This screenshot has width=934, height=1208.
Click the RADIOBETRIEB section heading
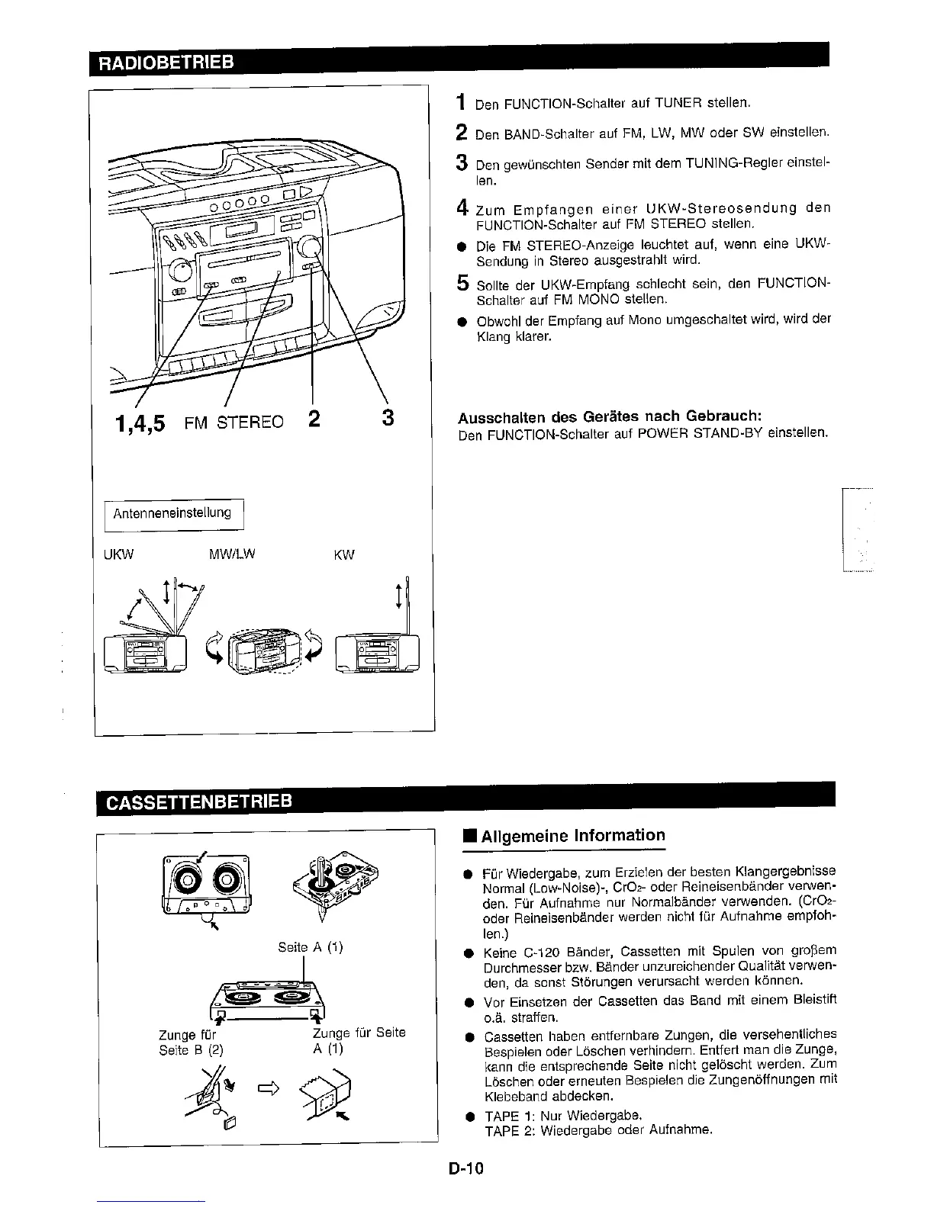click(x=163, y=61)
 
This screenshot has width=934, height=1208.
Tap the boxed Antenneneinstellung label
click(x=172, y=512)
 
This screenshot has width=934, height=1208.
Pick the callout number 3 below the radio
click(x=388, y=418)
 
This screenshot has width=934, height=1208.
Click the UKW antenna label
click(x=118, y=554)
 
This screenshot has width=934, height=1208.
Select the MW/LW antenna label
click(x=231, y=554)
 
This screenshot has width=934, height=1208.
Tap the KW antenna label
click(x=344, y=554)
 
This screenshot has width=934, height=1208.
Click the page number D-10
click(x=467, y=1168)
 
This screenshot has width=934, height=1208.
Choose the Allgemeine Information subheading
click(x=573, y=835)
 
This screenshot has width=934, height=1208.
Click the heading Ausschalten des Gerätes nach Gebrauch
click(x=610, y=417)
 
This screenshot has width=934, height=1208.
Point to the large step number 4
click(x=462, y=207)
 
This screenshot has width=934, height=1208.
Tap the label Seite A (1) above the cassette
click(x=311, y=947)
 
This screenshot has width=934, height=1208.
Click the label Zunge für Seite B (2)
click(x=187, y=1042)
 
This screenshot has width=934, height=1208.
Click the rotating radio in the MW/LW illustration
click(x=268, y=651)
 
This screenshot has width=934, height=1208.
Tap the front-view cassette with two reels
click(x=204, y=884)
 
